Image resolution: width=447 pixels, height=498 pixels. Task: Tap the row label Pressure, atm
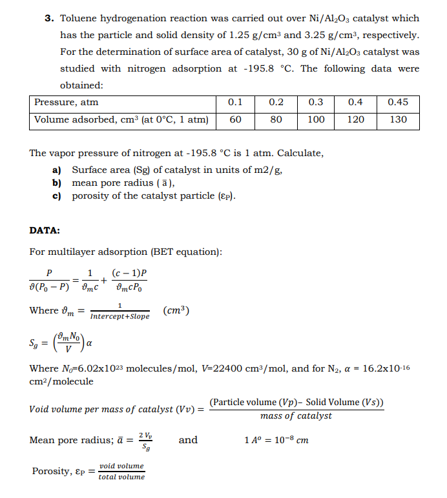tap(67, 103)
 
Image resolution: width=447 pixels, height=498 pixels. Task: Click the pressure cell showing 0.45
tap(399, 103)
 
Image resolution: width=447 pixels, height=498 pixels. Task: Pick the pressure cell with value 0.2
tap(276, 103)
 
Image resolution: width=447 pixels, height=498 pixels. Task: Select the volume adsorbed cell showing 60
tap(236, 119)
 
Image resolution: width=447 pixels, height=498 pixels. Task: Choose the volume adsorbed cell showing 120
tap(355, 119)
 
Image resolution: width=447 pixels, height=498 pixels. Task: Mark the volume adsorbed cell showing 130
tap(399, 119)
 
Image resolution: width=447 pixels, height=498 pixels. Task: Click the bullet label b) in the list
tap(57, 183)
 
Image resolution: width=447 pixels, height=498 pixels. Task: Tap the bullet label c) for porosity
tap(57, 195)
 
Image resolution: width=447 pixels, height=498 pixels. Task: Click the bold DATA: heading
tap(45, 230)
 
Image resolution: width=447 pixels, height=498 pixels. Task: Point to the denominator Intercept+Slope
tap(120, 317)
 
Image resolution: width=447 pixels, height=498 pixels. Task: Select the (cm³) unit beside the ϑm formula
tap(176, 310)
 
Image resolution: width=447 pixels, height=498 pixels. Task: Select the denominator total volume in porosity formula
tap(121, 477)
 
